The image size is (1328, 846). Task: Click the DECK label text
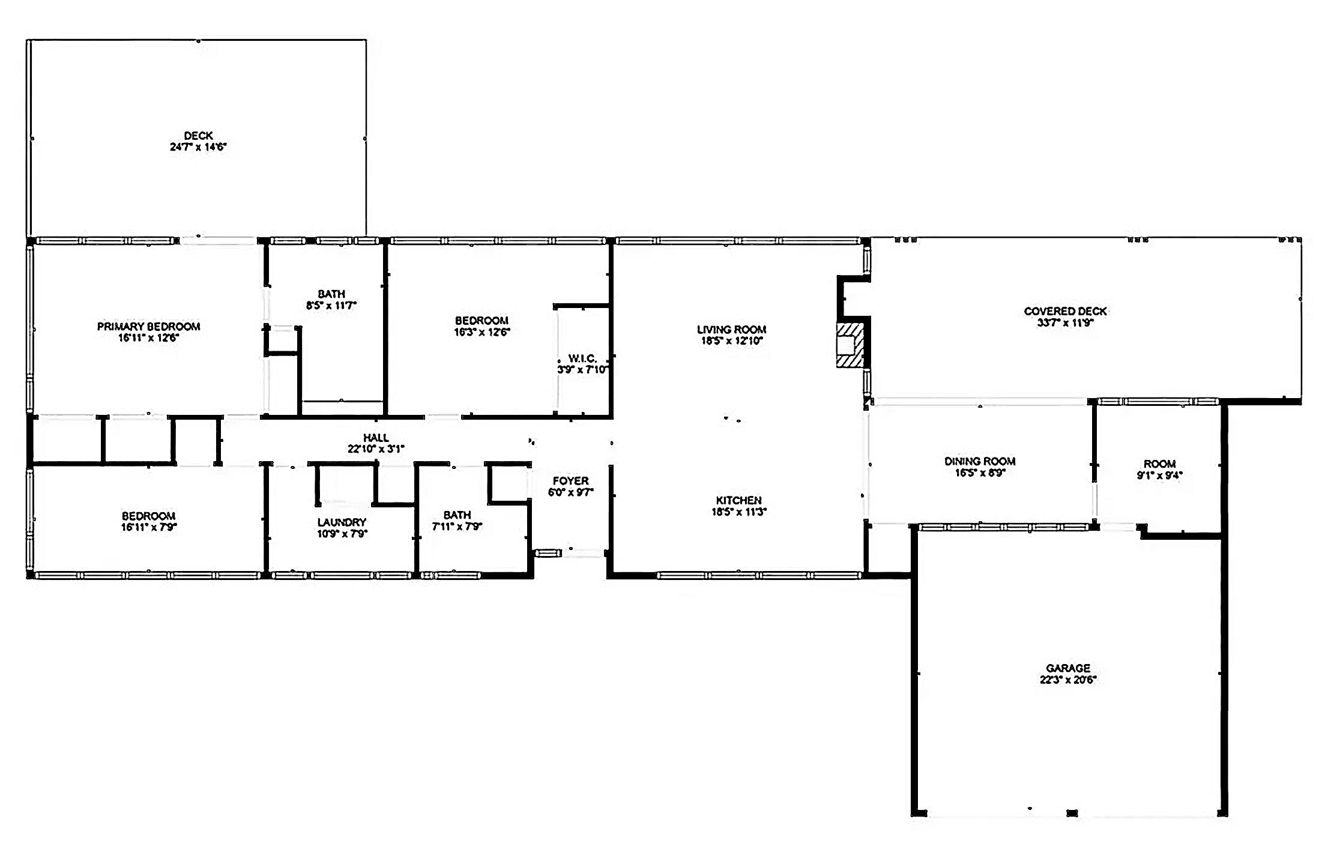pos(198,136)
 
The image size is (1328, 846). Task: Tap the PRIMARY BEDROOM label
pos(148,327)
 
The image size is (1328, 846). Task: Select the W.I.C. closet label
pos(582,358)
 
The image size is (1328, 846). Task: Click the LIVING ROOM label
pos(731,330)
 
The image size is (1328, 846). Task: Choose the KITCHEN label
pos(738,501)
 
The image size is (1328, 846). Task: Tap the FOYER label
pos(570,481)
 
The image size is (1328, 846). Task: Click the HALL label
pos(376,438)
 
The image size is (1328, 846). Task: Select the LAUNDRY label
pos(342,522)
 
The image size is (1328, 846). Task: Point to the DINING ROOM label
pos(980,461)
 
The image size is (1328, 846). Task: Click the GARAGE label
pos(1068,668)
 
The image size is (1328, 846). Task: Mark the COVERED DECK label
pos(1065,311)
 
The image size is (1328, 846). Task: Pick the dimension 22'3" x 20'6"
pos(1068,680)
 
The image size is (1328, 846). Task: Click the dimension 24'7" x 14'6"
pos(198,147)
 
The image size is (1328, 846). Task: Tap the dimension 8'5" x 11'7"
pos(331,305)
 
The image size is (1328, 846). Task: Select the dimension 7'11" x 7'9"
pos(457,527)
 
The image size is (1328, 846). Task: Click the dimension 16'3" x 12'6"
pos(481,331)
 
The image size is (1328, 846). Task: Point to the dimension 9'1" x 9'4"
pos(1159,476)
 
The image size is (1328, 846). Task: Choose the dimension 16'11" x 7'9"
pos(148,527)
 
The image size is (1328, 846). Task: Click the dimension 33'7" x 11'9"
pos(1065,322)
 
